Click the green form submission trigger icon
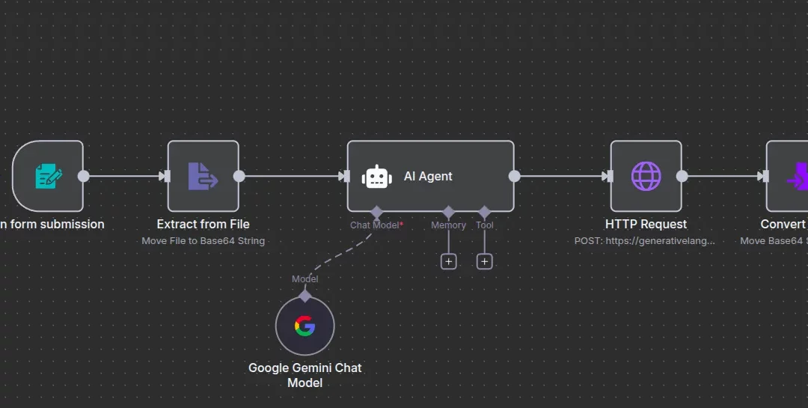pyautogui.click(x=49, y=177)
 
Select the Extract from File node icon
pyautogui.click(x=203, y=177)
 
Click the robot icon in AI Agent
pyautogui.click(x=376, y=177)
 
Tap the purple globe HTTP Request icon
pyautogui.click(x=646, y=177)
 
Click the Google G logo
pyautogui.click(x=304, y=326)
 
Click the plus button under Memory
pyautogui.click(x=448, y=261)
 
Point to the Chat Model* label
pyautogui.click(x=376, y=225)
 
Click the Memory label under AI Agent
pyautogui.click(x=448, y=225)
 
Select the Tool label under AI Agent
pyautogui.click(x=484, y=225)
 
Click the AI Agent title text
pyautogui.click(x=428, y=177)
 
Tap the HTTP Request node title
pyautogui.click(x=646, y=224)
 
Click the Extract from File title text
pyautogui.click(x=203, y=224)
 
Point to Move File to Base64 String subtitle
pyautogui.click(x=203, y=240)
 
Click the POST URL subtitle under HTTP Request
pyautogui.click(x=645, y=240)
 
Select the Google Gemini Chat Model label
pyautogui.click(x=304, y=375)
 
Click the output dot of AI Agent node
pyautogui.click(x=514, y=177)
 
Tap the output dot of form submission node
pyautogui.click(x=84, y=177)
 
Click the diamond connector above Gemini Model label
pyautogui.click(x=304, y=295)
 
